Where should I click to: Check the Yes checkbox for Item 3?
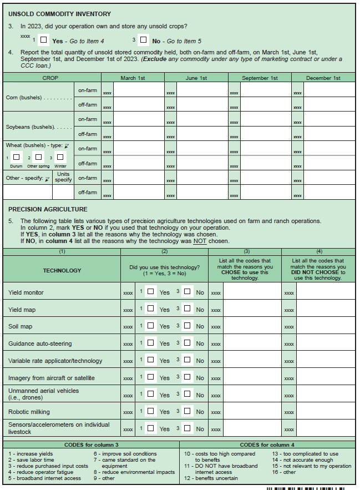click(x=44, y=40)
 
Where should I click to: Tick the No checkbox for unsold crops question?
click(x=144, y=40)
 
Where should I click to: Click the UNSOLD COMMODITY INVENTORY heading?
click(x=60, y=14)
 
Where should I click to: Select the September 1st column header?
click(x=260, y=78)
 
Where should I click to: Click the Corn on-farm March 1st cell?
click(x=138, y=90)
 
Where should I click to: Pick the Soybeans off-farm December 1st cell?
click(x=329, y=134)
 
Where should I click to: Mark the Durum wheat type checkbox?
click(x=17, y=157)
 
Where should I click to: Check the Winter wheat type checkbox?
click(x=60, y=157)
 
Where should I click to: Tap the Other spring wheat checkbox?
click(x=38, y=157)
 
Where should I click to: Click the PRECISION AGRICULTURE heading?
click(x=48, y=209)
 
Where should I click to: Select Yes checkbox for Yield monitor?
click(x=151, y=292)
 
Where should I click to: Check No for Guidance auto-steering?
click(x=187, y=343)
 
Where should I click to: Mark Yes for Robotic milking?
click(x=151, y=411)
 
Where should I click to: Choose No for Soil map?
click(x=187, y=326)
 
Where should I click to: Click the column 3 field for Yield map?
click(x=251, y=309)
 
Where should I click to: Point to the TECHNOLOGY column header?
click(x=62, y=270)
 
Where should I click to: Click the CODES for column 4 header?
click(x=267, y=444)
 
